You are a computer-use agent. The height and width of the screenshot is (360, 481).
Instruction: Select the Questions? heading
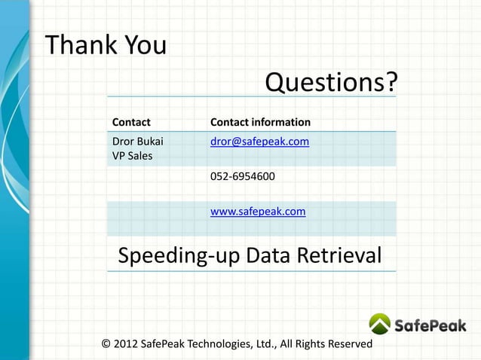tap(330, 82)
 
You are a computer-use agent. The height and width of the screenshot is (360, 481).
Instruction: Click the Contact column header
tap(131, 122)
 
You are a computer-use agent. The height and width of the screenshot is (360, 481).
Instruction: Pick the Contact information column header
tap(260, 122)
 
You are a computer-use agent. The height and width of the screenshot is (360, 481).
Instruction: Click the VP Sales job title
tap(132, 157)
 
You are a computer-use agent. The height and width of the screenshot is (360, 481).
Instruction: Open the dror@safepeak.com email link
tap(259, 141)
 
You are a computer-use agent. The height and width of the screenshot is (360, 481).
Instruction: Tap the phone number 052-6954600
tap(242, 177)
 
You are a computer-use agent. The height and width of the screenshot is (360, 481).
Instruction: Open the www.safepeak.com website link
tap(258, 212)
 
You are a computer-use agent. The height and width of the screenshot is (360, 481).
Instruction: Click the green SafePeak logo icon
tap(380, 324)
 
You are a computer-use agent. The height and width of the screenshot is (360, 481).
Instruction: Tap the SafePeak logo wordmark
tap(430, 325)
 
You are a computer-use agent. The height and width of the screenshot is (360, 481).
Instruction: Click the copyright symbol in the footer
tap(106, 344)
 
